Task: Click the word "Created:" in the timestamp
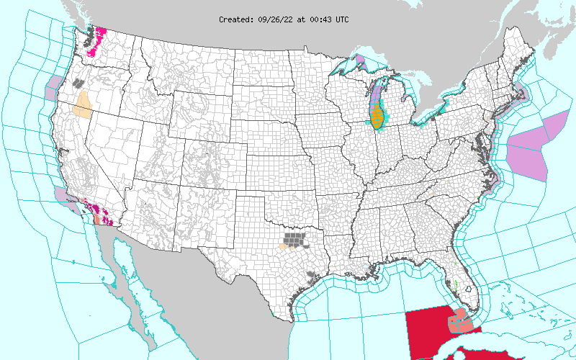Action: (x=236, y=19)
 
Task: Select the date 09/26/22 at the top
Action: (x=276, y=19)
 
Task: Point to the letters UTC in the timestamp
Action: (x=342, y=19)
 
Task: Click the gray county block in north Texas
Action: (x=293, y=237)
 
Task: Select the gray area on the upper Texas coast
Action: (x=311, y=274)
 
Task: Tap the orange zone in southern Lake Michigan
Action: (x=377, y=115)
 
